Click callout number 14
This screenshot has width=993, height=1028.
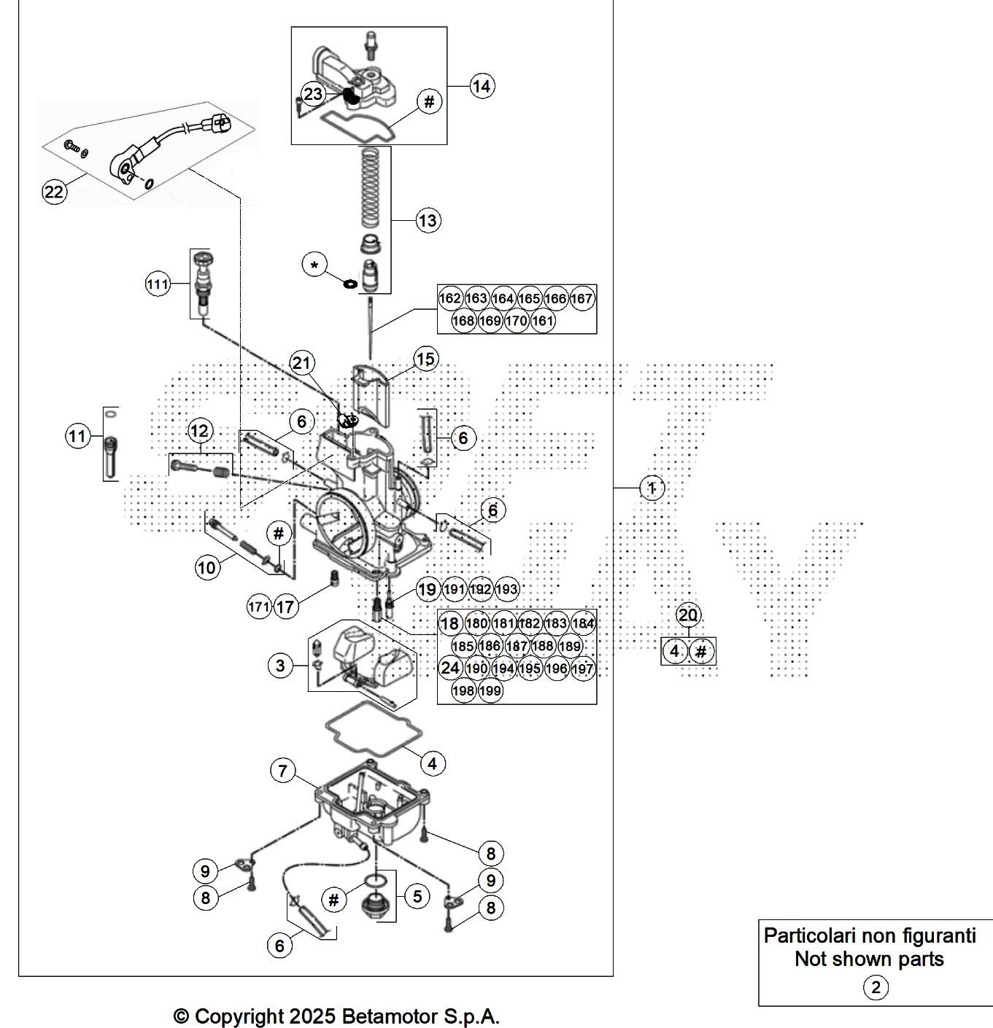tap(482, 86)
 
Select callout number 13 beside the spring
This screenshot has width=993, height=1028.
tap(428, 220)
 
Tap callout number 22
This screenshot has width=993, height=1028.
tap(54, 192)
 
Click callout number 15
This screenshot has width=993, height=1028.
tap(425, 359)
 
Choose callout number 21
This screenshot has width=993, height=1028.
tap(301, 362)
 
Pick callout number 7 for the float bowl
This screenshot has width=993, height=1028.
tap(283, 771)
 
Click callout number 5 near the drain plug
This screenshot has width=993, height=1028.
tap(417, 895)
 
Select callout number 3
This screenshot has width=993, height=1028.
tap(280, 665)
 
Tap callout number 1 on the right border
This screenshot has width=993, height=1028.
tap(652, 488)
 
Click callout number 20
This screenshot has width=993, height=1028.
tap(688, 615)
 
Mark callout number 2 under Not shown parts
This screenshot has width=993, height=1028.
tap(876, 988)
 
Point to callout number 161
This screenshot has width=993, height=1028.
tap(542, 320)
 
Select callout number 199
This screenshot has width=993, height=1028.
tap(490, 690)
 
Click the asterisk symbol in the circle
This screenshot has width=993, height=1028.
tap(314, 265)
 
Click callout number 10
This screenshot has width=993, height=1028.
tap(207, 566)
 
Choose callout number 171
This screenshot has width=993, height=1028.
tap(259, 606)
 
